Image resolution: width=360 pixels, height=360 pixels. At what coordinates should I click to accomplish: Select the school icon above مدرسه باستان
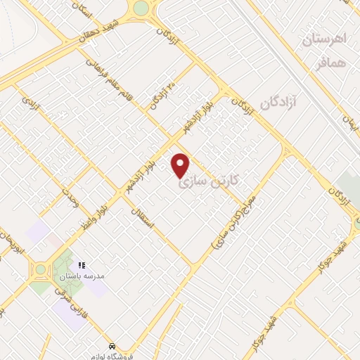(x=82, y=265)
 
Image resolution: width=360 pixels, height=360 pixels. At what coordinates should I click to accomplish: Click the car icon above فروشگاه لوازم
(x=112, y=346)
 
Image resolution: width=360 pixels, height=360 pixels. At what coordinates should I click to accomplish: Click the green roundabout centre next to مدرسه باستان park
(x=40, y=269)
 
